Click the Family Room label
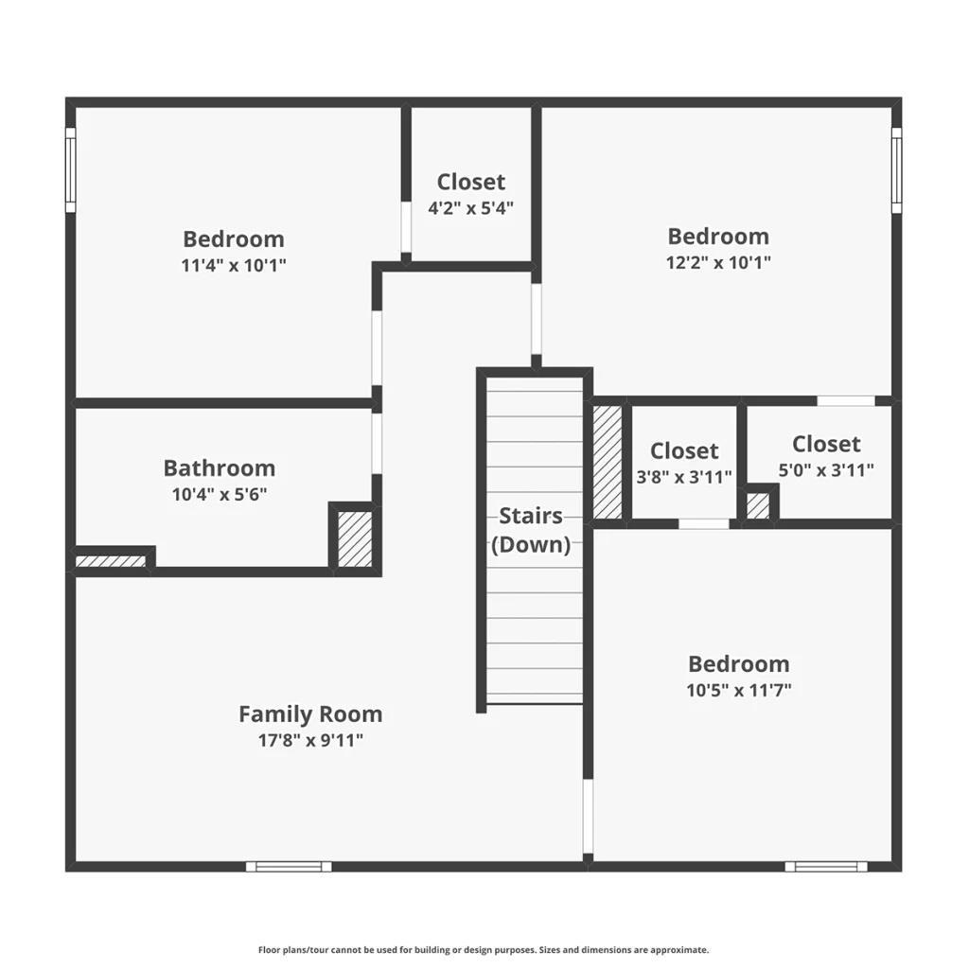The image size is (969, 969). click(x=310, y=714)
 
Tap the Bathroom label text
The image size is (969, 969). click(x=220, y=467)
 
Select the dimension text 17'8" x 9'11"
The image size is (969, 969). click(x=310, y=740)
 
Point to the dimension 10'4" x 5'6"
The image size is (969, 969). click(x=220, y=494)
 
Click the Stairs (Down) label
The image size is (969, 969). click(x=531, y=530)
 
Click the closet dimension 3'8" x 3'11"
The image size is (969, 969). click(x=684, y=477)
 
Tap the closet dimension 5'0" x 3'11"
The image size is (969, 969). click(x=825, y=469)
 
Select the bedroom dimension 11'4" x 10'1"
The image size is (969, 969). click(x=234, y=265)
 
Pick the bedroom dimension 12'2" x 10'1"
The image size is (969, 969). click(x=718, y=262)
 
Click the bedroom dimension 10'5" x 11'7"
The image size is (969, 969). click(x=738, y=690)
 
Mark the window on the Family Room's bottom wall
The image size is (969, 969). click(x=289, y=867)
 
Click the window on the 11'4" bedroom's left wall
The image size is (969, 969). click(x=70, y=170)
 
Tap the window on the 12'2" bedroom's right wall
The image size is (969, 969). click(x=896, y=170)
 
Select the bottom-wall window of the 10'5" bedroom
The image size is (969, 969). click(x=825, y=867)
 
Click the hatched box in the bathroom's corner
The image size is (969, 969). click(x=355, y=538)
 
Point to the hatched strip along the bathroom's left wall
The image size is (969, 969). click(x=110, y=561)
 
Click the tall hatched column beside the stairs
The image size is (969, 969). click(x=608, y=462)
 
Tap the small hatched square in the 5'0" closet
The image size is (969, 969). click(x=758, y=506)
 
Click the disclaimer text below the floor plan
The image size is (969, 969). click(x=484, y=950)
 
